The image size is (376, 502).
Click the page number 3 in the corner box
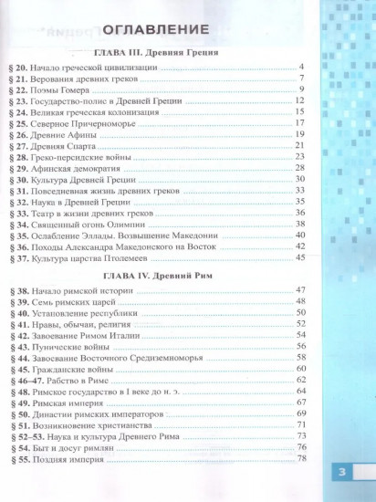click(x=342, y=473)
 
